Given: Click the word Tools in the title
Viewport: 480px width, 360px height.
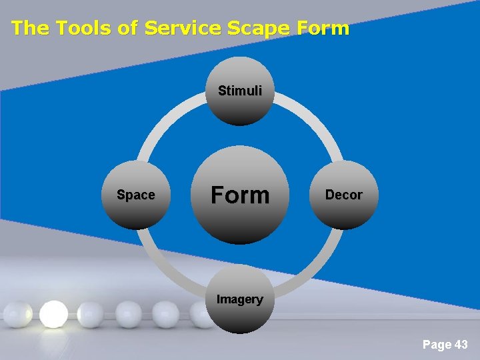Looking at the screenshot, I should click(x=82, y=28).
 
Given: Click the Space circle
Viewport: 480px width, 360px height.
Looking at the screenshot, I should click(x=135, y=195).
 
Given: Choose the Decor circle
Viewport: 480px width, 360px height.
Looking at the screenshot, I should click(x=343, y=195).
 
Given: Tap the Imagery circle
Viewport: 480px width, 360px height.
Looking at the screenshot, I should click(x=239, y=300).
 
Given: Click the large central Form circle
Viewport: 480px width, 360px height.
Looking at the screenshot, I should click(x=239, y=195).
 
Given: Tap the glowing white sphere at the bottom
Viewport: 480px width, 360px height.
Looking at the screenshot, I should click(x=53, y=314).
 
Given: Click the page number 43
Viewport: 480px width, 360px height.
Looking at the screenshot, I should click(x=461, y=345).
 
